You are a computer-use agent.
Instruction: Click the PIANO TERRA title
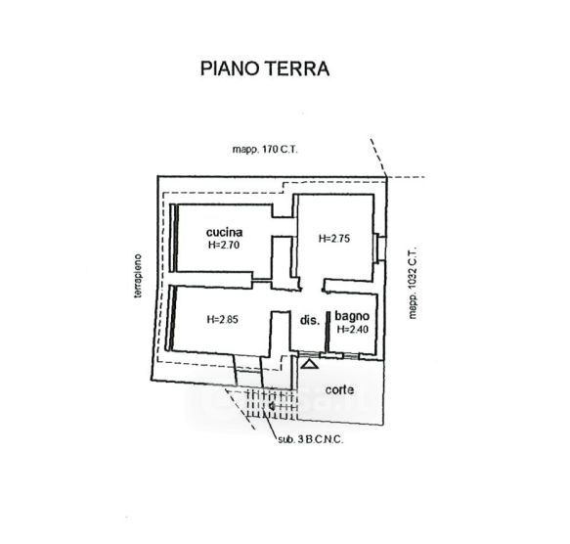coord(265,68)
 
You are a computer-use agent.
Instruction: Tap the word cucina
coord(224,232)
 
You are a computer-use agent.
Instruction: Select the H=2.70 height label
coord(224,245)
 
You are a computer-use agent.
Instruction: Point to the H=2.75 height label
coord(334,239)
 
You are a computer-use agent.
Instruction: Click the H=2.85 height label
coord(223,320)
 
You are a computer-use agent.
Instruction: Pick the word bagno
coord(352,317)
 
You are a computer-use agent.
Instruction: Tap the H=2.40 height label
coord(353,330)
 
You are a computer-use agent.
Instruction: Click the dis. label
coord(310,320)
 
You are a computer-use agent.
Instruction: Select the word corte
coord(339,390)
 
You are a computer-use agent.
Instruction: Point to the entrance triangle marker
coord(310,364)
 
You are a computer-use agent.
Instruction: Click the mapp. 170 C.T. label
coord(265,150)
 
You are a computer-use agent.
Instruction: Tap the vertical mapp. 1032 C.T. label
coord(413,284)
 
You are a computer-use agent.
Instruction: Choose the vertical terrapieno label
coord(138,276)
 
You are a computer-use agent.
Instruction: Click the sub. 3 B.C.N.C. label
coord(311,439)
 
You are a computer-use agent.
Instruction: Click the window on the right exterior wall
coord(380,249)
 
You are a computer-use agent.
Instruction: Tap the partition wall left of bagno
coord(328,331)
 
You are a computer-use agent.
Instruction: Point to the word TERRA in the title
coord(296,68)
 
